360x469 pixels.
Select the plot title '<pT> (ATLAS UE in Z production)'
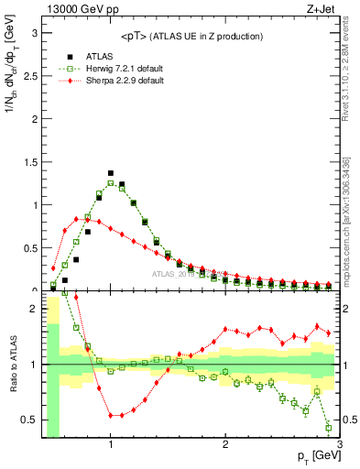pos(191,36)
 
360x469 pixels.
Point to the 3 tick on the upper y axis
pos(34,32)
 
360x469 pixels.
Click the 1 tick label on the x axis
pos(111,445)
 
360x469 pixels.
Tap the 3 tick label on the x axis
pos(339,445)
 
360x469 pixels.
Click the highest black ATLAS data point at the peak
pos(111,173)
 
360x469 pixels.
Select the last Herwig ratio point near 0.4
pos(329,428)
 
